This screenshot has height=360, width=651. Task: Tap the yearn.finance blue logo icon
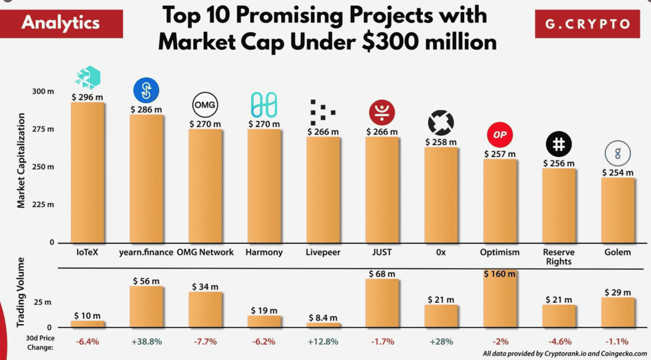pyautogui.click(x=146, y=90)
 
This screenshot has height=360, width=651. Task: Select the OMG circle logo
pyautogui.click(x=205, y=105)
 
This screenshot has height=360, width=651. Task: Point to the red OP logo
pyautogui.click(x=500, y=135)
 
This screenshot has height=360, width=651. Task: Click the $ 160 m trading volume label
pyautogui.click(x=499, y=274)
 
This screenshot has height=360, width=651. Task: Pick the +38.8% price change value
pyautogui.click(x=147, y=342)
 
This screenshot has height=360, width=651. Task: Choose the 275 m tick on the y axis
pyautogui.click(x=43, y=129)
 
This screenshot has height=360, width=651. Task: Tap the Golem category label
pyautogui.click(x=617, y=252)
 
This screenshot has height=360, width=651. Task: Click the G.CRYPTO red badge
pyautogui.click(x=587, y=24)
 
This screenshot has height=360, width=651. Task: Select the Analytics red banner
pyautogui.click(x=61, y=24)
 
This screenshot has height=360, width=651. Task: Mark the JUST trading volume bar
pyautogui.click(x=382, y=303)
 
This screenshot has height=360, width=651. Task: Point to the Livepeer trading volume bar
pyautogui.click(x=323, y=325)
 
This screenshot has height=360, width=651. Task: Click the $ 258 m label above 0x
pyautogui.click(x=441, y=142)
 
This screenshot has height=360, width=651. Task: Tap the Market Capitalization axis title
pyautogui.click(x=21, y=160)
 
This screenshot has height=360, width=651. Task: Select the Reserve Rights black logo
pyautogui.click(x=558, y=144)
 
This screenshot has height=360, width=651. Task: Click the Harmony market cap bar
pyautogui.click(x=264, y=186)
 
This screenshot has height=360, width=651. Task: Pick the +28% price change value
pyautogui.click(x=441, y=342)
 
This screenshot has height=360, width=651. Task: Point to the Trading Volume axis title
pyautogui.click(x=21, y=292)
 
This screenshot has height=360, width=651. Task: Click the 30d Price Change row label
pyautogui.click(x=40, y=343)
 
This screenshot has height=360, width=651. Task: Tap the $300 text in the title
pyautogui.click(x=390, y=42)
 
